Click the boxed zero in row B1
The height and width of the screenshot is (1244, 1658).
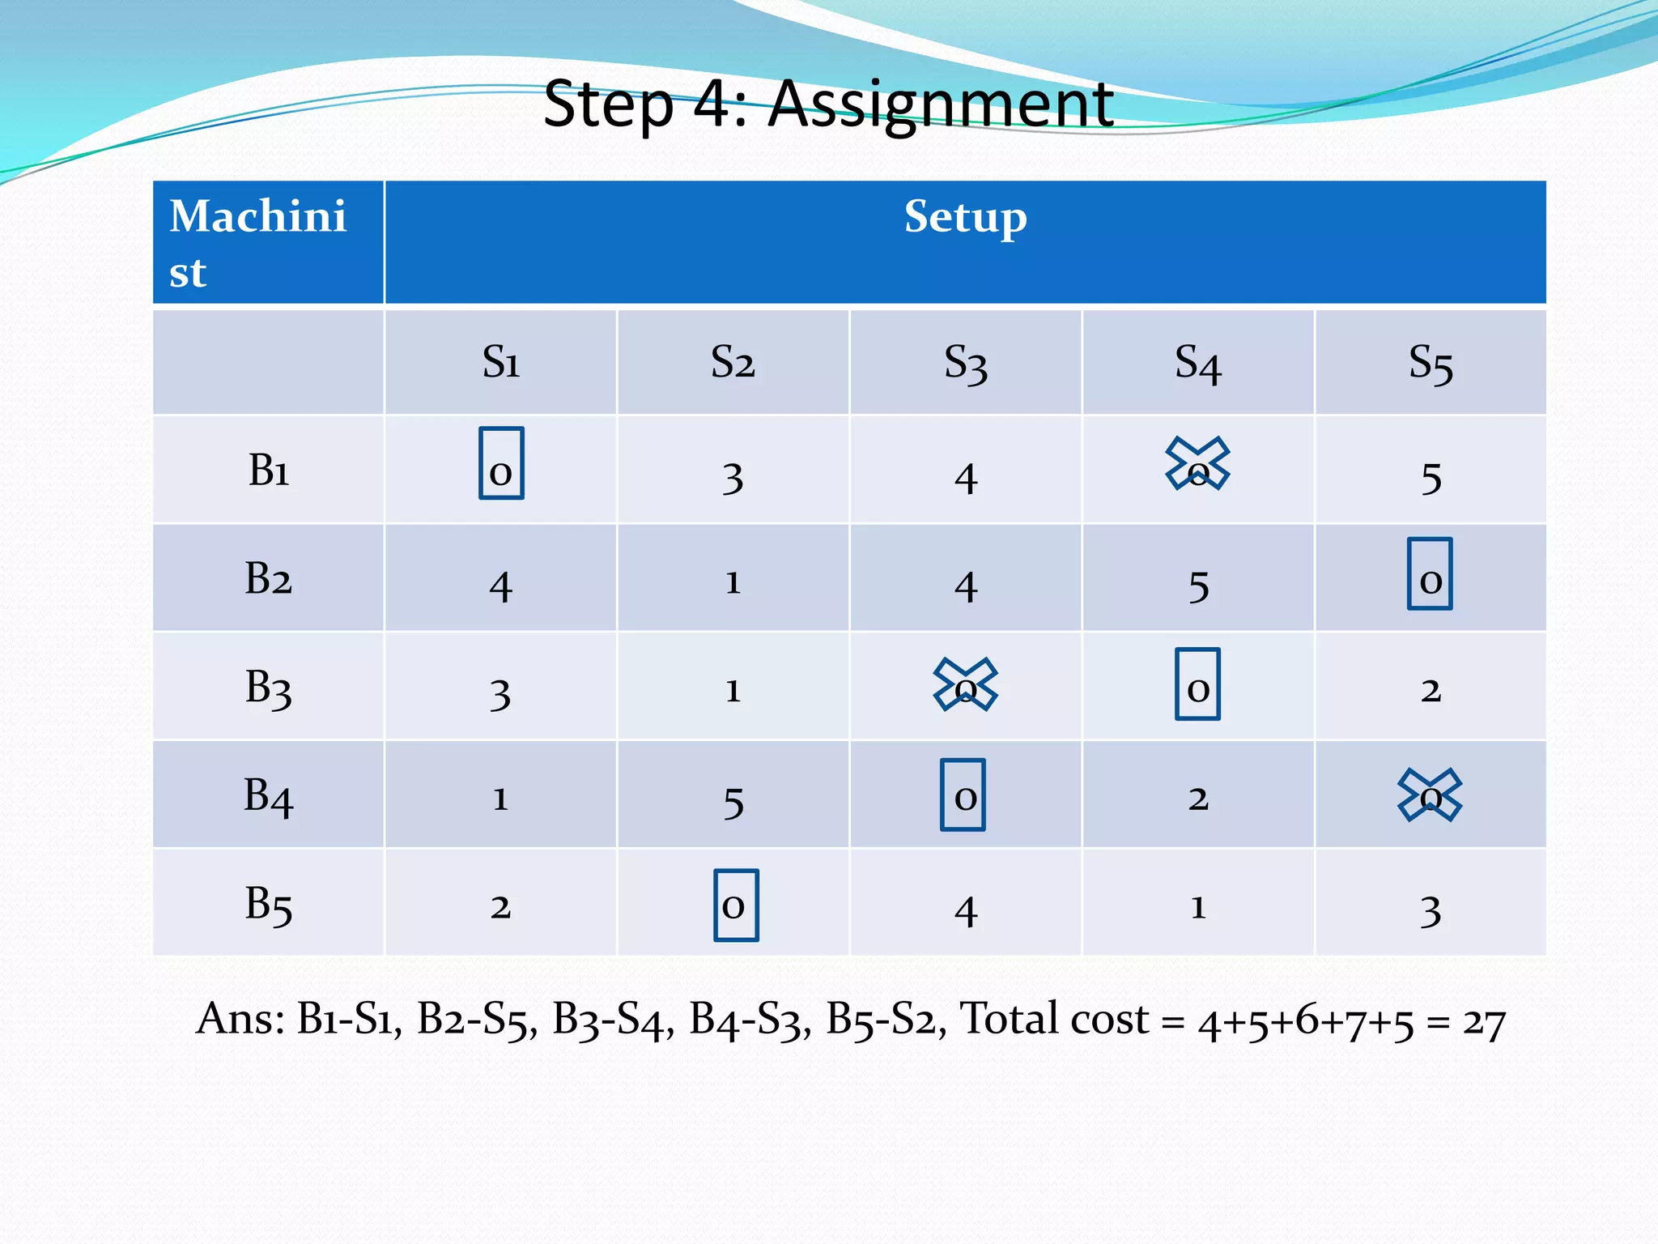click(501, 464)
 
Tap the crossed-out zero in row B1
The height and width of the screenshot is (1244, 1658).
click(1197, 464)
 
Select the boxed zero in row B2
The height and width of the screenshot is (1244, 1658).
click(1430, 574)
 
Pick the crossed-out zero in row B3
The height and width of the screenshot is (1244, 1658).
click(965, 684)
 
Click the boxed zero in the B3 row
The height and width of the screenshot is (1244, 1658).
click(1197, 684)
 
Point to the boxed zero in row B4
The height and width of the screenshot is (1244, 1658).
click(963, 795)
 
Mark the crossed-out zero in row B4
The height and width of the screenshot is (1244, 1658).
click(1430, 795)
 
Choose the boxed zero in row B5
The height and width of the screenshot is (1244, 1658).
click(736, 905)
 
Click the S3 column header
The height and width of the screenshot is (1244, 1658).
click(966, 363)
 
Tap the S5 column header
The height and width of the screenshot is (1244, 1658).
click(1431, 363)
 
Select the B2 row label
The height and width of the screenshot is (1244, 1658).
click(268, 579)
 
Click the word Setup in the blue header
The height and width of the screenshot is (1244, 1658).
click(965, 217)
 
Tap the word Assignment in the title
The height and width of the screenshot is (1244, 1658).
click(941, 104)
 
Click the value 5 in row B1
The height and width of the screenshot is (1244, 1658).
click(1431, 477)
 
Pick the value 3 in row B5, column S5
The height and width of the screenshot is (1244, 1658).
click(1431, 910)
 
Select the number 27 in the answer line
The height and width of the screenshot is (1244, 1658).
click(1483, 1023)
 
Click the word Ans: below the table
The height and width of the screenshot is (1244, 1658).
click(240, 1019)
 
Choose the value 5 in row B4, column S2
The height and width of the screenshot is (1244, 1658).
click(733, 802)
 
